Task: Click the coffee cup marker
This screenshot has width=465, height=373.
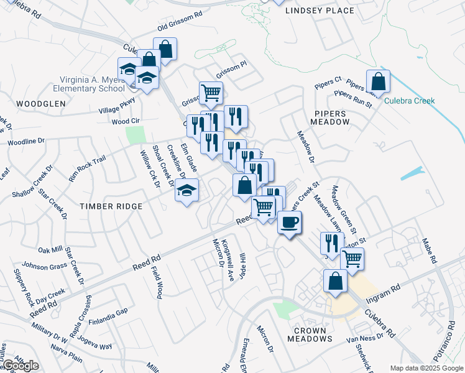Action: coord(289,222)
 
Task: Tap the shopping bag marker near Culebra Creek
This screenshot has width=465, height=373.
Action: coord(378,81)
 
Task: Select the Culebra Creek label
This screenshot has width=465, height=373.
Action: coord(409,101)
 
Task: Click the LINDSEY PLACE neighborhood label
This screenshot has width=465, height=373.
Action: coord(320,11)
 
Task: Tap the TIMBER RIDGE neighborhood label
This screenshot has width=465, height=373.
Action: coord(111,206)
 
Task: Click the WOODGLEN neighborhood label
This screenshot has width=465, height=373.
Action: coord(32,104)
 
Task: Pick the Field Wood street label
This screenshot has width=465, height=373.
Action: coord(156,284)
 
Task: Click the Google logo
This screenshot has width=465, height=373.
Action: coord(21,366)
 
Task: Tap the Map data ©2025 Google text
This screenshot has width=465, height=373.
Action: coord(426,368)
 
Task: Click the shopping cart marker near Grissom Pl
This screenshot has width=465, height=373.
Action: coord(211,93)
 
